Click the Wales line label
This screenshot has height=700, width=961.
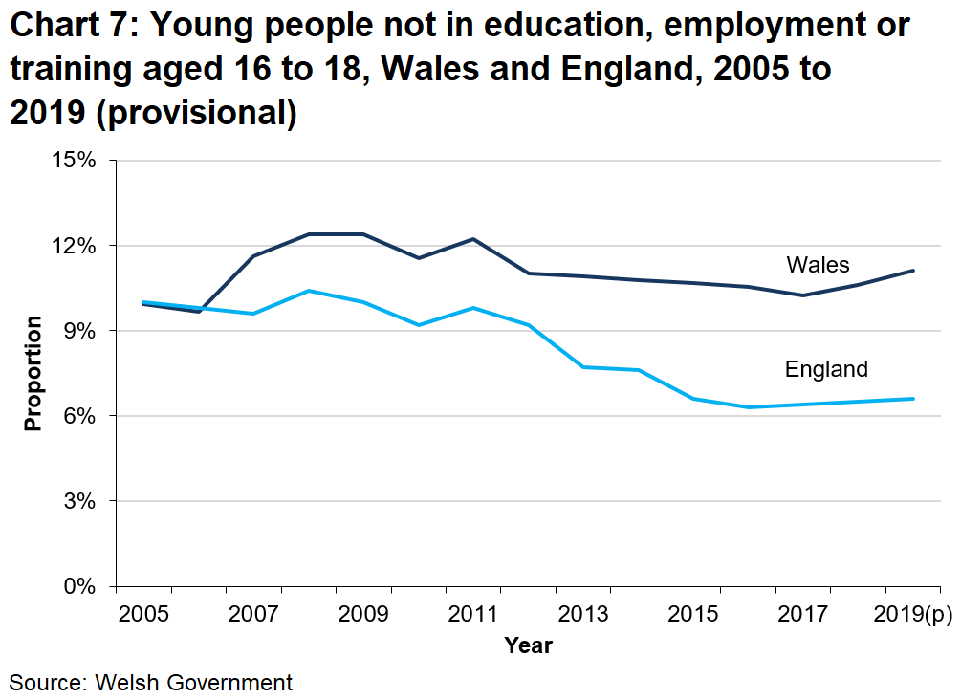tap(818, 264)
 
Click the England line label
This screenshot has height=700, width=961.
tap(826, 369)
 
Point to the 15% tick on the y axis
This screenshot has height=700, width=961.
tap(74, 160)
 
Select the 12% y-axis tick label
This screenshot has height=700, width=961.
tap(74, 246)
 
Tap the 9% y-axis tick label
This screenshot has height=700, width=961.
tap(80, 331)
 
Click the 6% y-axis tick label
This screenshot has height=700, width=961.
tap(80, 416)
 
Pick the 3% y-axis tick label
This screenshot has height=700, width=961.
tap(80, 501)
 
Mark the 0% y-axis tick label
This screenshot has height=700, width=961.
tap(80, 586)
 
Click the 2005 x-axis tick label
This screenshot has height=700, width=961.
tap(143, 613)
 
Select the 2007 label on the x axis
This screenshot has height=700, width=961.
tap(253, 613)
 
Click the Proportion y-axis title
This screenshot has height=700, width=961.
tap(33, 373)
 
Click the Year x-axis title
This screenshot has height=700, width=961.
tap(528, 645)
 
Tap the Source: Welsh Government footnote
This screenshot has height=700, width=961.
tap(151, 682)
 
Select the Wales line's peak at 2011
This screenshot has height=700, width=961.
tap(473, 239)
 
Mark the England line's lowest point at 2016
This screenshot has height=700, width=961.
tap(749, 407)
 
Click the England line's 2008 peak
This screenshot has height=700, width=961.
tap(308, 291)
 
